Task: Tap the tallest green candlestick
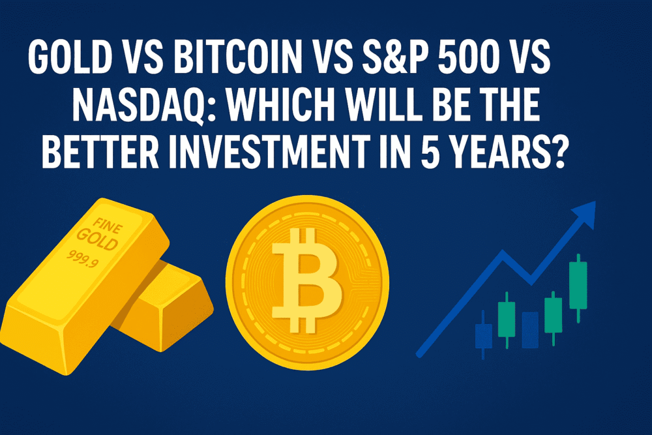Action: point(578,285)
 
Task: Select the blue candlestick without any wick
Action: point(530,329)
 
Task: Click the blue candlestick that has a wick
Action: point(483,335)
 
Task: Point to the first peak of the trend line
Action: point(504,253)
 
